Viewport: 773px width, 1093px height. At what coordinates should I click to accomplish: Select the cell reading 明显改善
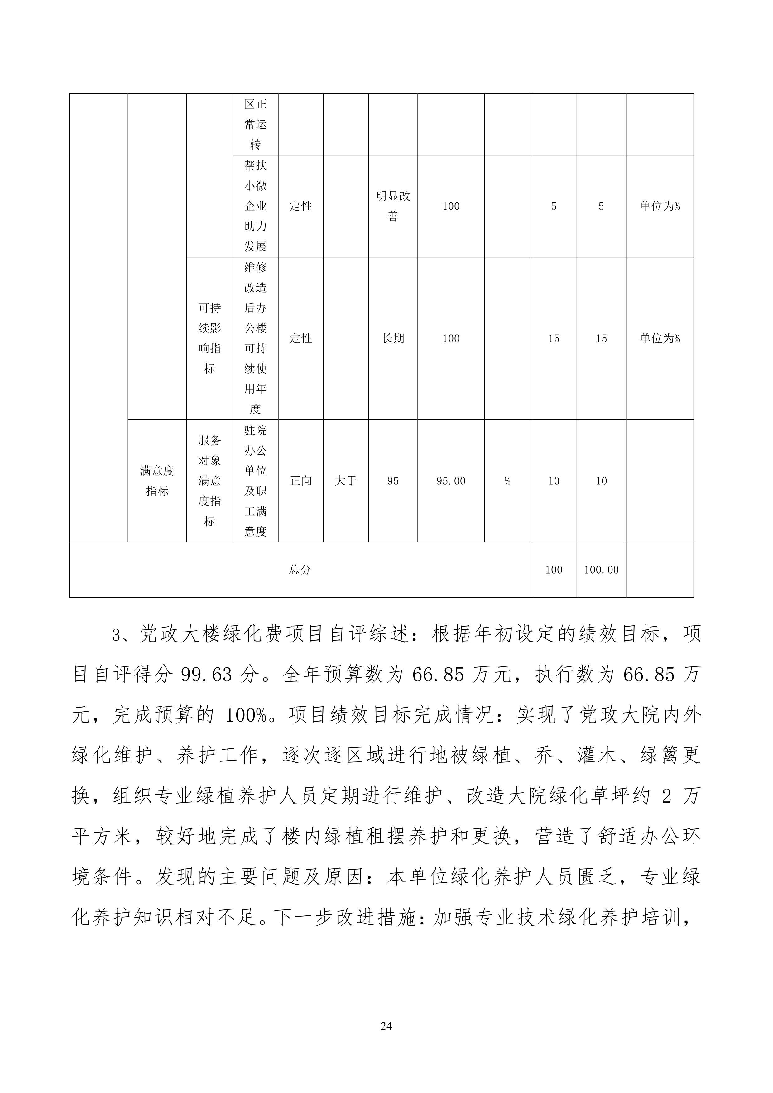click(393, 206)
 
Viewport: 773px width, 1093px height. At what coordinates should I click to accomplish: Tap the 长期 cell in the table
click(393, 338)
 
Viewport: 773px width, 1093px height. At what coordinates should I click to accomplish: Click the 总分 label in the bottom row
click(300, 569)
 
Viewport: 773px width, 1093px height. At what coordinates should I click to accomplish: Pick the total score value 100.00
click(601, 569)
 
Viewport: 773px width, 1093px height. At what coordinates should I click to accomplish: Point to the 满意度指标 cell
click(157, 481)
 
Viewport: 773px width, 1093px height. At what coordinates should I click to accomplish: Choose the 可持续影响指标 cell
click(209, 338)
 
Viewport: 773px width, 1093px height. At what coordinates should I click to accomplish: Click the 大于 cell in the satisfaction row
click(346, 481)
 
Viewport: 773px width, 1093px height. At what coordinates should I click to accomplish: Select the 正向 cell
click(300, 481)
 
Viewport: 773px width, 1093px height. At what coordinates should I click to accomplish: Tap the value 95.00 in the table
click(451, 481)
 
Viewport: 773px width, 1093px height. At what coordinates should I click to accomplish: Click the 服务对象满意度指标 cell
click(209, 481)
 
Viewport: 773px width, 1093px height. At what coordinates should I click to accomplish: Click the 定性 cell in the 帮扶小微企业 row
click(300, 206)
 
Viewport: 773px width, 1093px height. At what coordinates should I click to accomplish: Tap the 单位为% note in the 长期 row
click(660, 338)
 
